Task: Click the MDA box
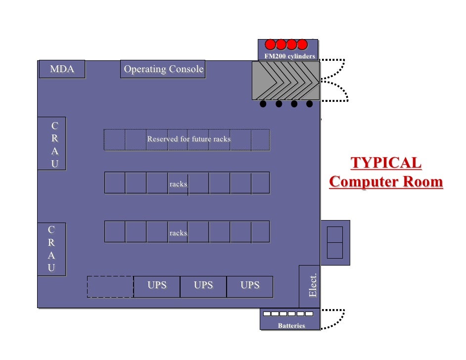62,69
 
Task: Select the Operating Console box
163,69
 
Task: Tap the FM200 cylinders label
289,56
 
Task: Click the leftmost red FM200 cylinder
271,44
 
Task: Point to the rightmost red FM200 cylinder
302,44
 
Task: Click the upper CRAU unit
52,144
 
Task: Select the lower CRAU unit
51,249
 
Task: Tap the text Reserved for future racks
188,139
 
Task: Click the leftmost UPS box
157,286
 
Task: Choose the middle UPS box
203,286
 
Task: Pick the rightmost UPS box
250,286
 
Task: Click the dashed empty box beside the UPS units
110,287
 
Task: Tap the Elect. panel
312,286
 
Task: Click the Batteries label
291,326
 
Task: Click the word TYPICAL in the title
386,163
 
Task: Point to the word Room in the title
421,181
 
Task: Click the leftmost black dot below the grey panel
263,104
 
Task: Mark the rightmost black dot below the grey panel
310,104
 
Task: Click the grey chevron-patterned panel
285,81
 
